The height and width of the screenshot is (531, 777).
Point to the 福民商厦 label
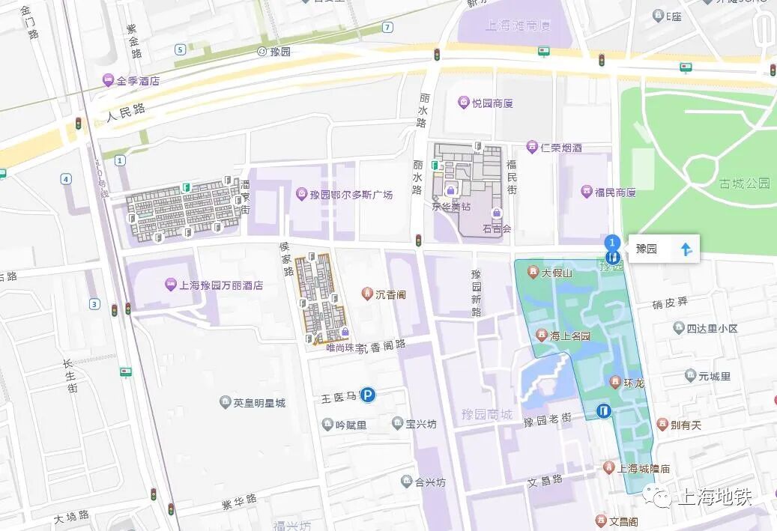(608, 192)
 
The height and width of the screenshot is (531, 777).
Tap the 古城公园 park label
(744, 183)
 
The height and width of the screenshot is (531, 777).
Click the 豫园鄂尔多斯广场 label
(344, 195)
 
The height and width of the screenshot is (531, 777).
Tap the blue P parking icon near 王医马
(368, 394)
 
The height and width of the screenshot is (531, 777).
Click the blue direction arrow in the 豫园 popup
(686, 249)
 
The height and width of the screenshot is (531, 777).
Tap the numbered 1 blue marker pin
(612, 243)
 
